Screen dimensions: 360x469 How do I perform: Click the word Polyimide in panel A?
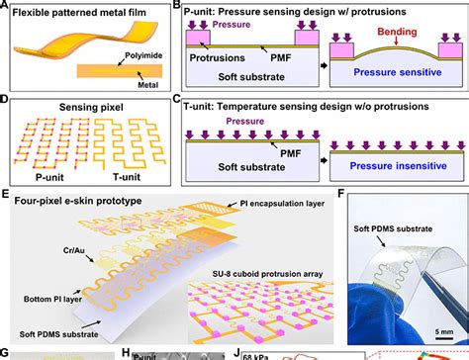pyautogui.click(x=128, y=59)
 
